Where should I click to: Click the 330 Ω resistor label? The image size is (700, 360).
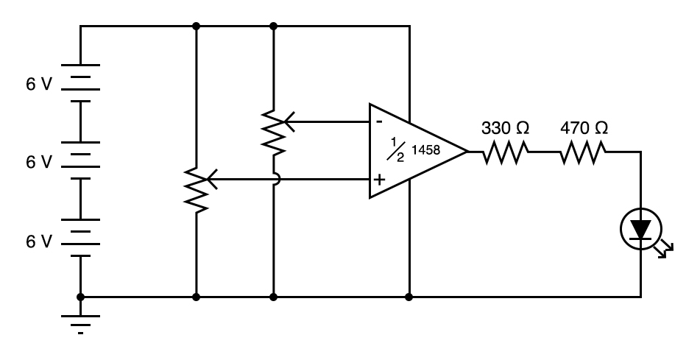pyautogui.click(x=505, y=127)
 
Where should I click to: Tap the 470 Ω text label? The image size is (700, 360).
pyautogui.click(x=584, y=127)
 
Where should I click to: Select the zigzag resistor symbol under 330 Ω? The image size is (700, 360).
pyautogui.click(x=506, y=152)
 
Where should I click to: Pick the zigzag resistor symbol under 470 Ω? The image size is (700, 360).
pyautogui.click(x=584, y=152)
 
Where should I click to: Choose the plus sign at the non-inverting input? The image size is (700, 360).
pyautogui.click(x=380, y=180)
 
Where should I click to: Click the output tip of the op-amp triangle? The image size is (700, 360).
pyautogui.click(x=466, y=152)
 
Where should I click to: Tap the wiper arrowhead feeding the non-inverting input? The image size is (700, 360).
pyautogui.click(x=211, y=179)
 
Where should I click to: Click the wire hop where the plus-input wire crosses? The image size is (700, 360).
pyautogui.click(x=273, y=179)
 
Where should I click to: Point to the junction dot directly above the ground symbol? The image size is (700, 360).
pyautogui.click(x=80, y=297)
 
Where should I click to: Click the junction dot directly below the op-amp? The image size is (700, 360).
pyautogui.click(x=409, y=297)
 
